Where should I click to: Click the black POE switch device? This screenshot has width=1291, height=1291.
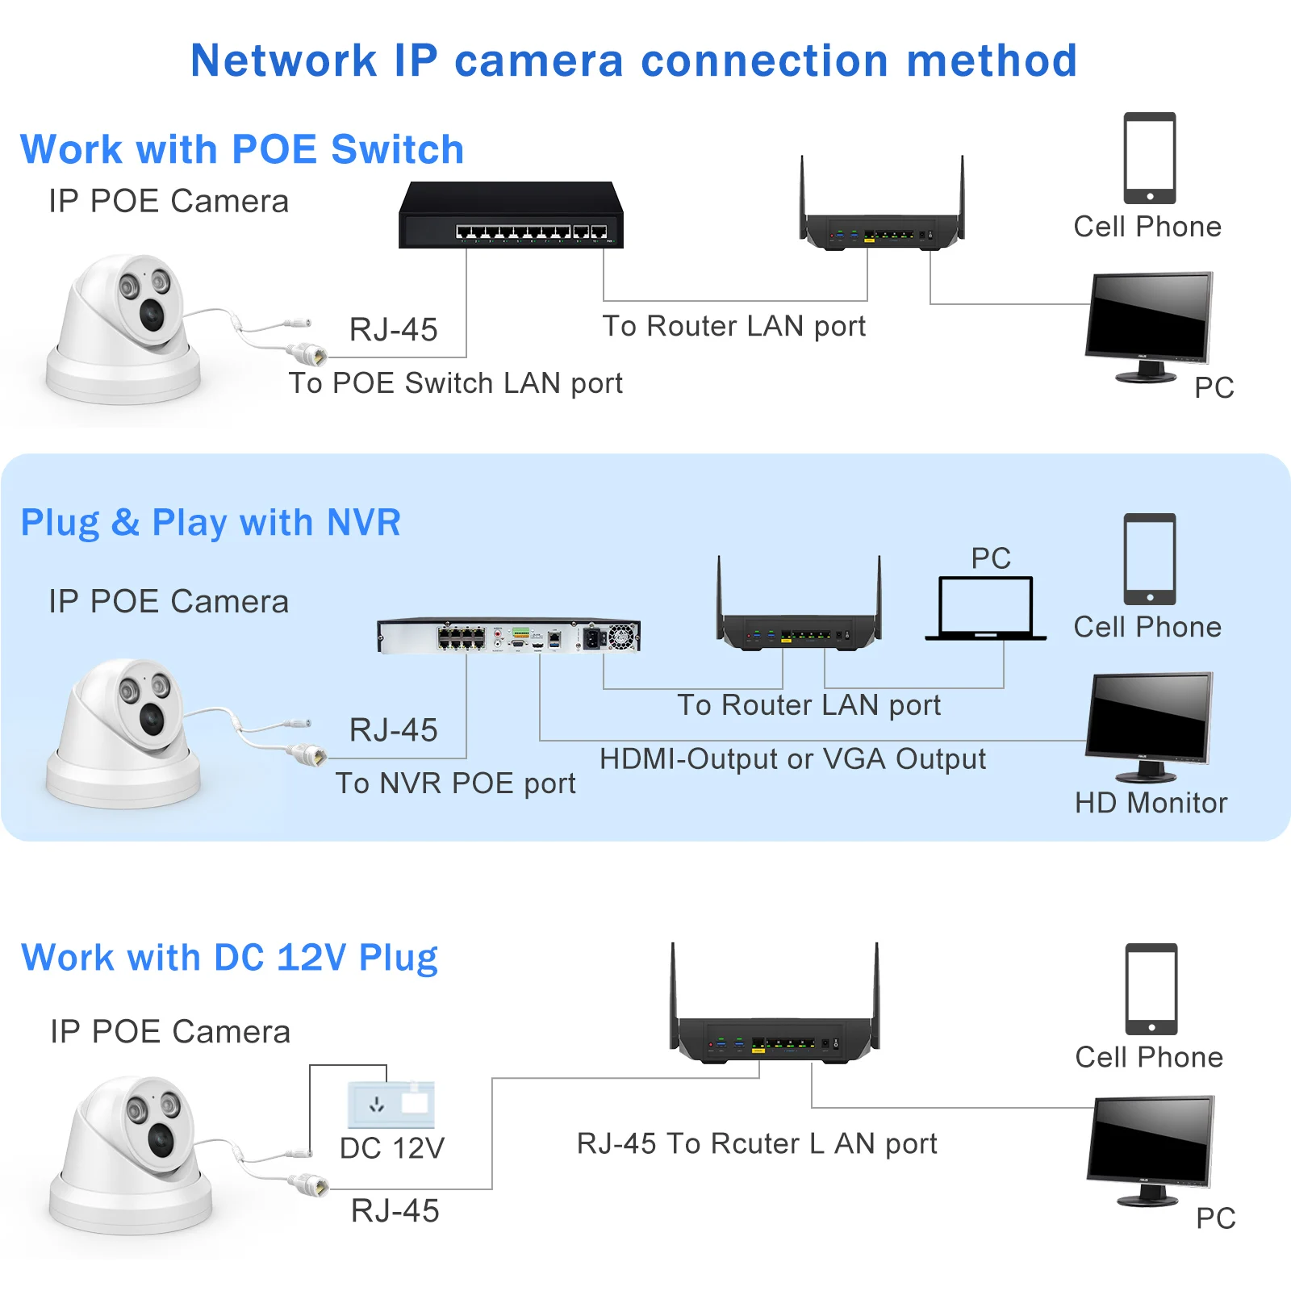pos(511,216)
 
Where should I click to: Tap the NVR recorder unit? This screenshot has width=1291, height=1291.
pos(508,636)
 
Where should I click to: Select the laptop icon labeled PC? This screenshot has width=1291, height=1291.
pos(985,608)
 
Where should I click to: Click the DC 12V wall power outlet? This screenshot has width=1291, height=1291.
pos(391,1104)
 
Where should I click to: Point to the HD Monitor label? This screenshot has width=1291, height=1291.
pos(1151,803)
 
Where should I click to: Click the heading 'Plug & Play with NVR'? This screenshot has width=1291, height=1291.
pos(211,523)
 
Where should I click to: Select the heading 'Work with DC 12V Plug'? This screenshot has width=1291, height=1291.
pos(229,958)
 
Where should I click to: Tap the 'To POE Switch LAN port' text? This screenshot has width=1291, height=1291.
pos(455,383)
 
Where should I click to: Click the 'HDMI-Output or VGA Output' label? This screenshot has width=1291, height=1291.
pos(792,759)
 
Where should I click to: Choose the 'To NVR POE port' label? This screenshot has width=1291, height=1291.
pos(455,783)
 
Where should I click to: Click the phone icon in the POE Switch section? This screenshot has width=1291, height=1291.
pos(1150,158)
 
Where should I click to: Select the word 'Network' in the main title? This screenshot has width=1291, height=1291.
pos(283,61)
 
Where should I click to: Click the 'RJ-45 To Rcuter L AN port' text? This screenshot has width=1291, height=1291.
pos(757,1143)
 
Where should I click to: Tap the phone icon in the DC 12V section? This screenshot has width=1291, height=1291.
pos(1151,989)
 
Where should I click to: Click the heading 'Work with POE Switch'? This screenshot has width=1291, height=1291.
pos(242,150)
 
